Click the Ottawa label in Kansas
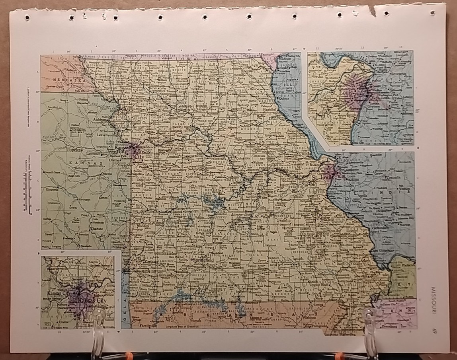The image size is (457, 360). click(x=105, y=174)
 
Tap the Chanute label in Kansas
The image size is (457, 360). click(x=98, y=230)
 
